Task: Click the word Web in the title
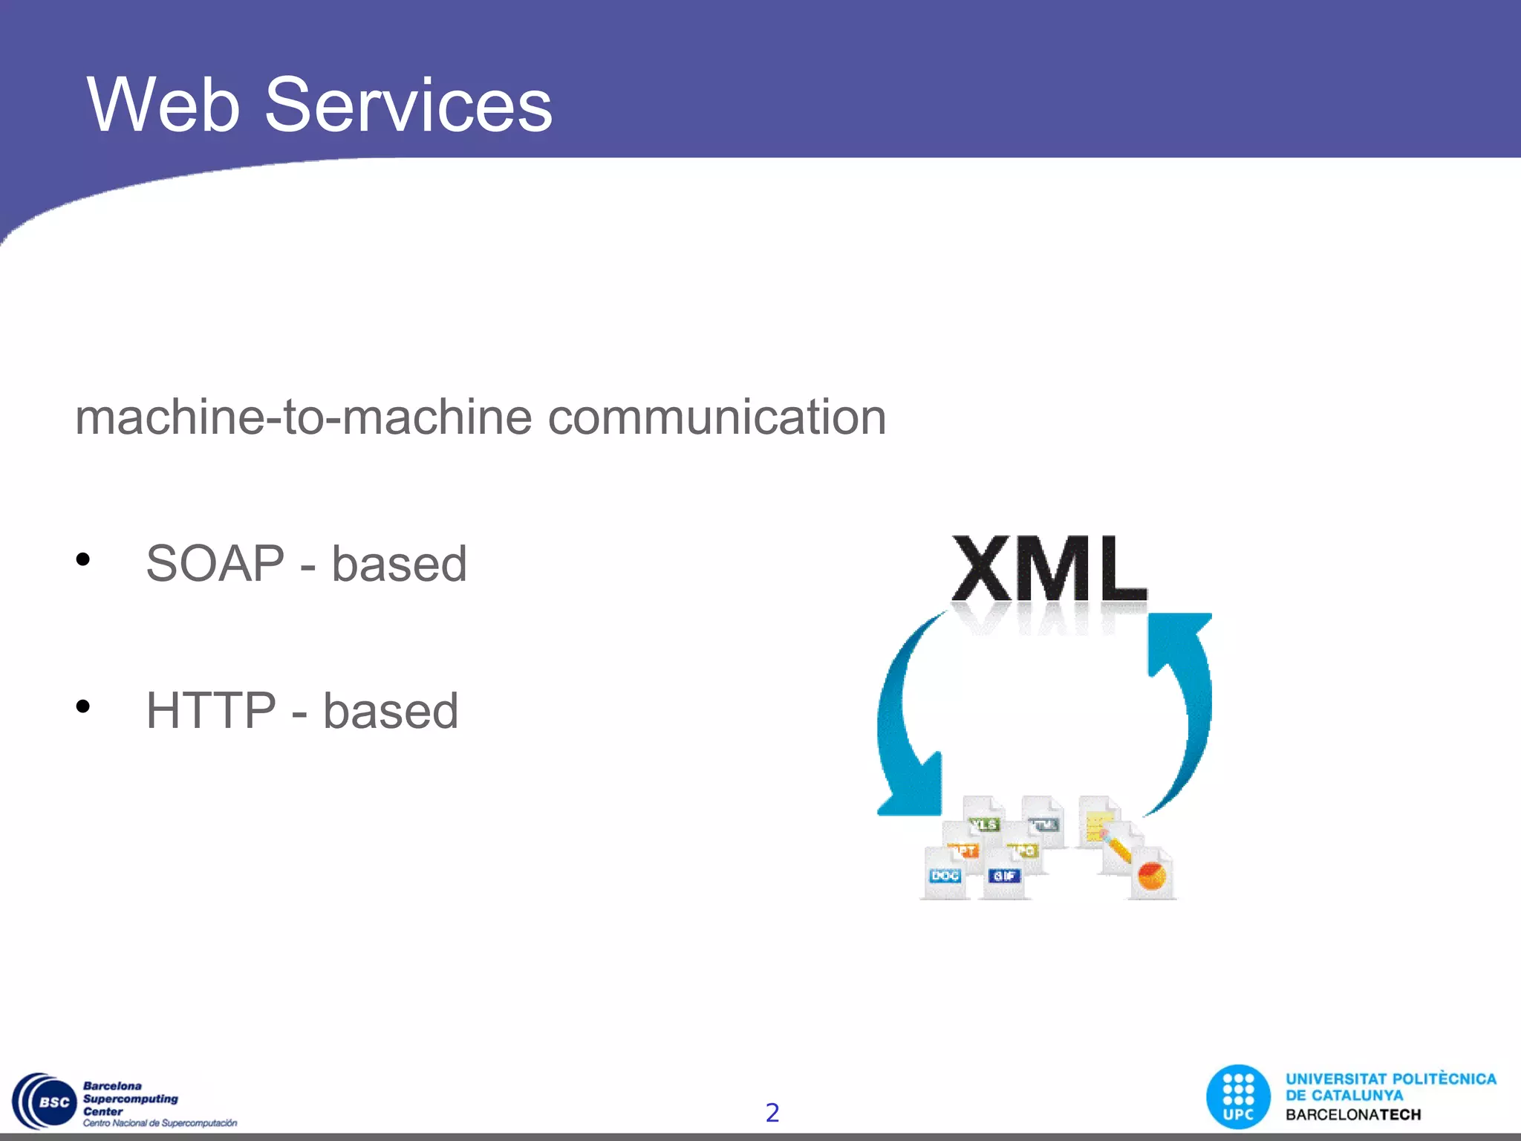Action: (x=163, y=105)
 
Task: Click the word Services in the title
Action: (x=408, y=105)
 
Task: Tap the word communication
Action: (x=717, y=417)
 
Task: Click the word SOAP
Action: (x=215, y=563)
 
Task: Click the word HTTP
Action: (x=211, y=710)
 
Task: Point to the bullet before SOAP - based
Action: (x=82, y=559)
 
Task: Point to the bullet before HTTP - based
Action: (x=82, y=706)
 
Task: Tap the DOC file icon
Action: (x=945, y=875)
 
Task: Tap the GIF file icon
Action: (x=1004, y=875)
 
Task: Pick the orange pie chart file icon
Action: (x=1152, y=875)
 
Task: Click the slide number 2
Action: (x=772, y=1112)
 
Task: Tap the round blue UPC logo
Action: (x=1237, y=1097)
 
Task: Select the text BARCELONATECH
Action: (x=1352, y=1114)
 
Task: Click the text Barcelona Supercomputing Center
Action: (x=130, y=1099)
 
